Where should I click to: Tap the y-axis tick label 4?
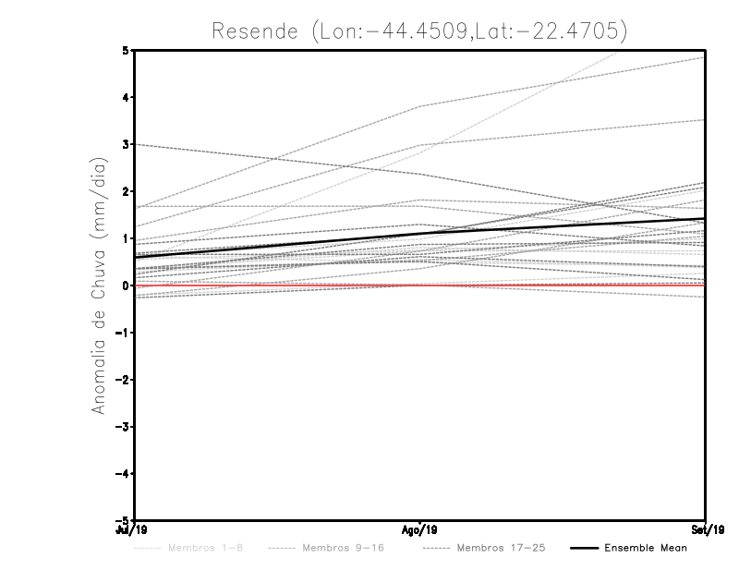point(125,97)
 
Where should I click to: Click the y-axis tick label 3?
point(125,144)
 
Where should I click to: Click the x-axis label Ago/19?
point(420,530)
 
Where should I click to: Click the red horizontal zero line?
point(554,285)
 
